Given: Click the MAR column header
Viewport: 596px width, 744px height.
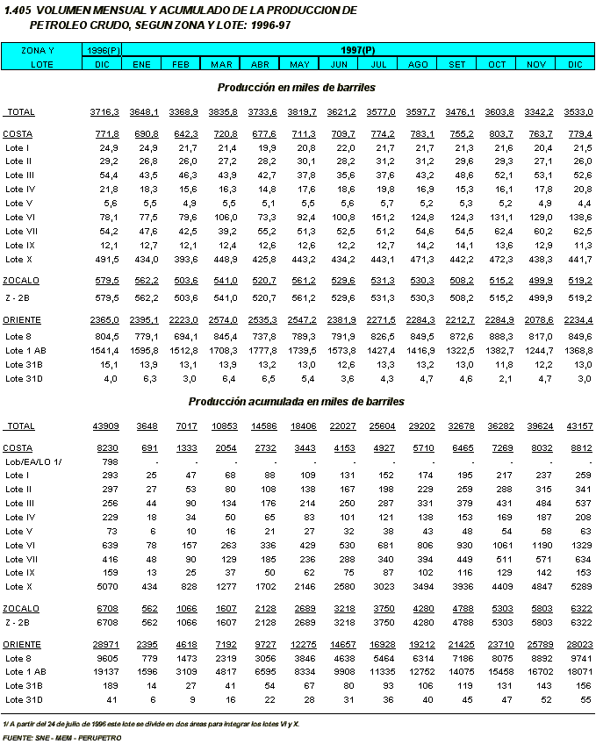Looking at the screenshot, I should coord(221,65).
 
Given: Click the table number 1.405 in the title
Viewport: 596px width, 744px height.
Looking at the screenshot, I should coord(18,10).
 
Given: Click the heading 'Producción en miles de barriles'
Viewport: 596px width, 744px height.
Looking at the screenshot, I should coord(297,88).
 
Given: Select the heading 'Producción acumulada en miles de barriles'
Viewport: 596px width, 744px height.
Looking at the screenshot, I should coord(297,401).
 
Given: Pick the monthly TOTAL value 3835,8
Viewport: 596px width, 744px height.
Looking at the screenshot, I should coord(223,112).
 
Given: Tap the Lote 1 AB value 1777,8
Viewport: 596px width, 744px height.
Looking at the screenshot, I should coord(262,350).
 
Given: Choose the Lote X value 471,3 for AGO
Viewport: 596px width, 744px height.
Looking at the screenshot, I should coord(422,259).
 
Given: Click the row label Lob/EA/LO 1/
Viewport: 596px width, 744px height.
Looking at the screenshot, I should coord(32,461).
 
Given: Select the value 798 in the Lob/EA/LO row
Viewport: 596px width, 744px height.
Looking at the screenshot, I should coord(110,461).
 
